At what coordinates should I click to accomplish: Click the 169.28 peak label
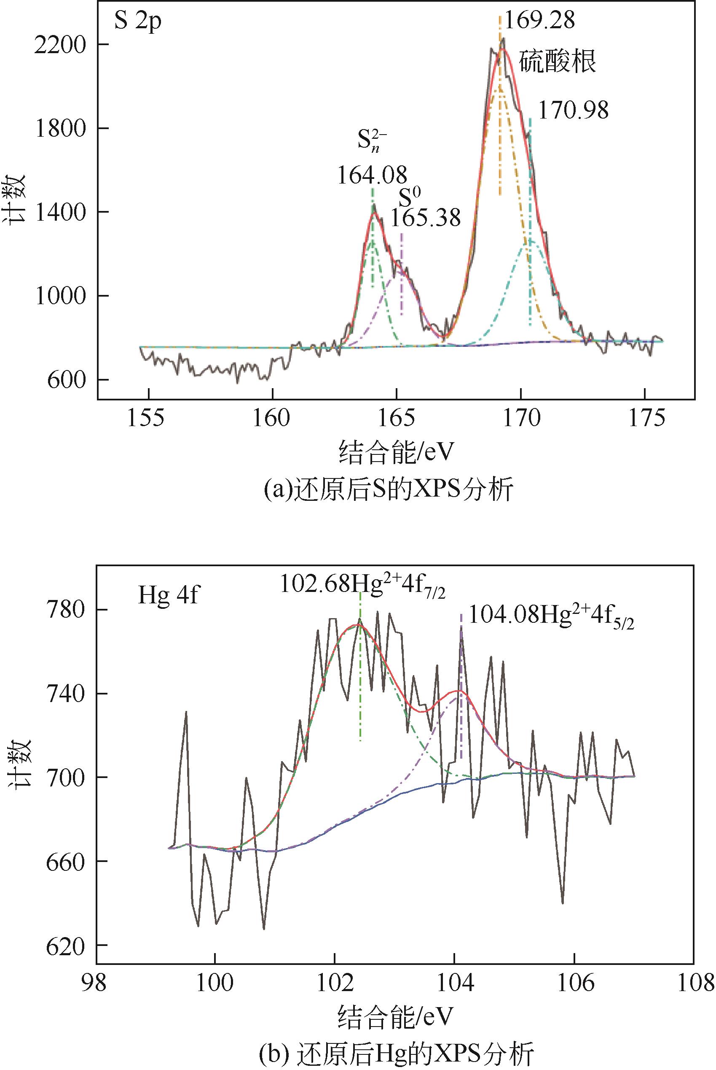pyautogui.click(x=539, y=21)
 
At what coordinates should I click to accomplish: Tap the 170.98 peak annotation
pyautogui.click(x=574, y=111)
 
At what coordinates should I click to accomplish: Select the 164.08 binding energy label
pyautogui.click(x=372, y=175)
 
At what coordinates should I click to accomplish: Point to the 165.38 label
pyautogui.click(x=426, y=218)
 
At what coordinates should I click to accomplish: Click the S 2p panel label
pyautogui.click(x=137, y=22)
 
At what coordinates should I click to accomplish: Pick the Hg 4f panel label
pyautogui.click(x=168, y=597)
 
